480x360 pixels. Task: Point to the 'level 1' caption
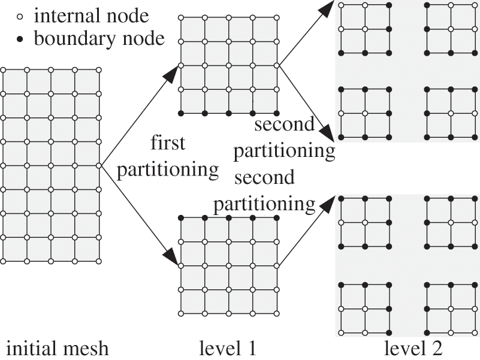[x=229, y=347]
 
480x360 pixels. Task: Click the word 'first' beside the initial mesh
[x=168, y=144]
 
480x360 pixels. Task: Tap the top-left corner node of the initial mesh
[x=3, y=70]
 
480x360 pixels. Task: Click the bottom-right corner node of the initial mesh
[x=99, y=261]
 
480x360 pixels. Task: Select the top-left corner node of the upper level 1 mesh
[x=182, y=17]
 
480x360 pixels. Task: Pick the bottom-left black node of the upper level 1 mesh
[x=182, y=113]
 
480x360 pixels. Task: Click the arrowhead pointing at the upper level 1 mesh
[x=170, y=73]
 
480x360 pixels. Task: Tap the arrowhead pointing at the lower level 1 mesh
[x=170, y=258]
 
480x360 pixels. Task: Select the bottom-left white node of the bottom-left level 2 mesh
[x=341, y=332]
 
